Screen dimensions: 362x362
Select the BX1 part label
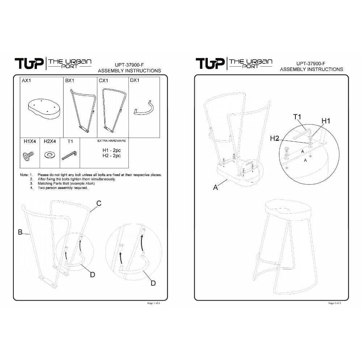70,81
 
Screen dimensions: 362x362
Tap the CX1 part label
103,81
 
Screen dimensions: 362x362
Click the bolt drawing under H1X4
28,156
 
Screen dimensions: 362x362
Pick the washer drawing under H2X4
50,155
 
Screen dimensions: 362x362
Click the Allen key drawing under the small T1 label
69,156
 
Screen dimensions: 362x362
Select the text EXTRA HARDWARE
111,141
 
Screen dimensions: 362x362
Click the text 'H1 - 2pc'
112,150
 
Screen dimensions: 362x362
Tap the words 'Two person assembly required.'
63,188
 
